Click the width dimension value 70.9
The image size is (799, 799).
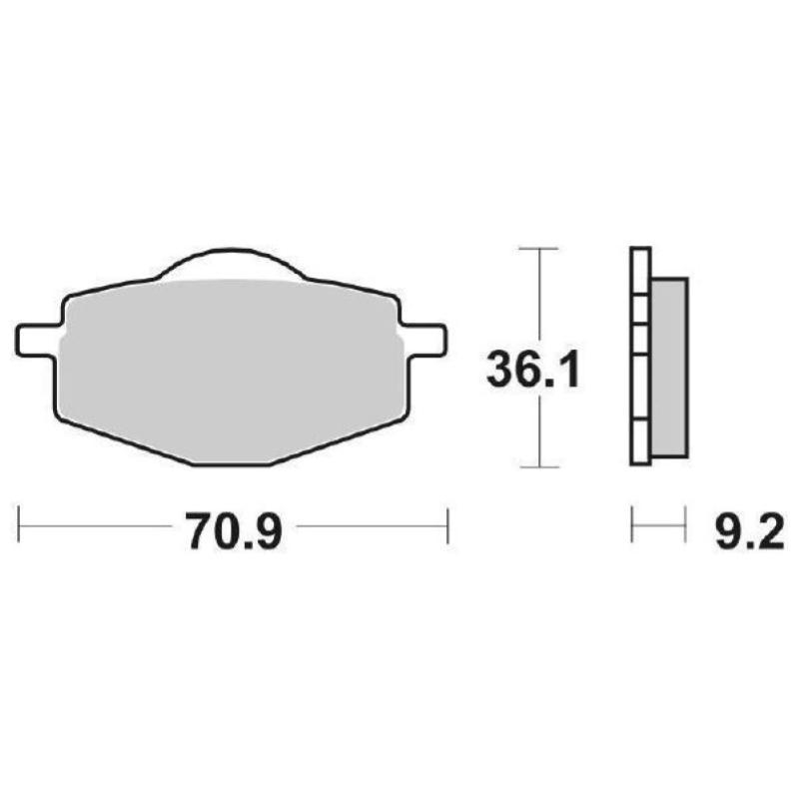pos(234,531)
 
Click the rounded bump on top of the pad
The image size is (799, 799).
pos(230,262)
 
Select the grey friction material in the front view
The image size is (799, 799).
pos(230,370)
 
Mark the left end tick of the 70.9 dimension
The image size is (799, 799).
pos(20,524)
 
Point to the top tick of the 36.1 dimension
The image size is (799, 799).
pos(539,247)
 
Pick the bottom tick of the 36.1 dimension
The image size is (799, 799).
pos(539,466)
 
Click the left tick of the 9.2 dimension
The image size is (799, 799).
pos(632,524)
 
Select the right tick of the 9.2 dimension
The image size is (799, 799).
pos(686,524)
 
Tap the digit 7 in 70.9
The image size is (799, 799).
pos(198,531)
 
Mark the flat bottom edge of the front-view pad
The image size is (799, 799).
pos(230,464)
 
